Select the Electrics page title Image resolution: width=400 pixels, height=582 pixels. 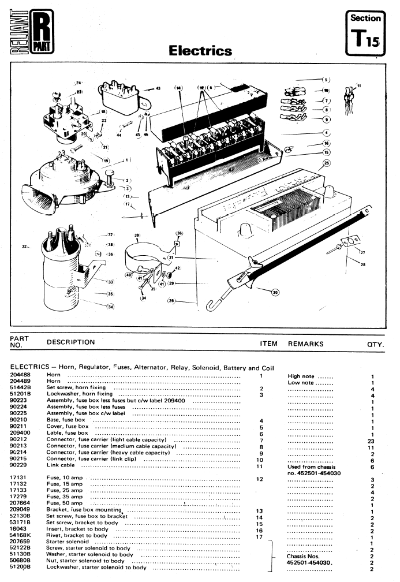pos(200,51)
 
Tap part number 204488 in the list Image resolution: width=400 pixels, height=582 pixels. pos(21,376)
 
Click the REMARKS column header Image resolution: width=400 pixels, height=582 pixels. pos(306,344)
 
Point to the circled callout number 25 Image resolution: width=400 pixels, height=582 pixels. pos(327,163)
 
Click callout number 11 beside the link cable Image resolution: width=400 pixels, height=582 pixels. pos(359,86)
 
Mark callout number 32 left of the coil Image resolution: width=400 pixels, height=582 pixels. pos(25,246)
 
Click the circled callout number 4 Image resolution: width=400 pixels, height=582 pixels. pos(326,133)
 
